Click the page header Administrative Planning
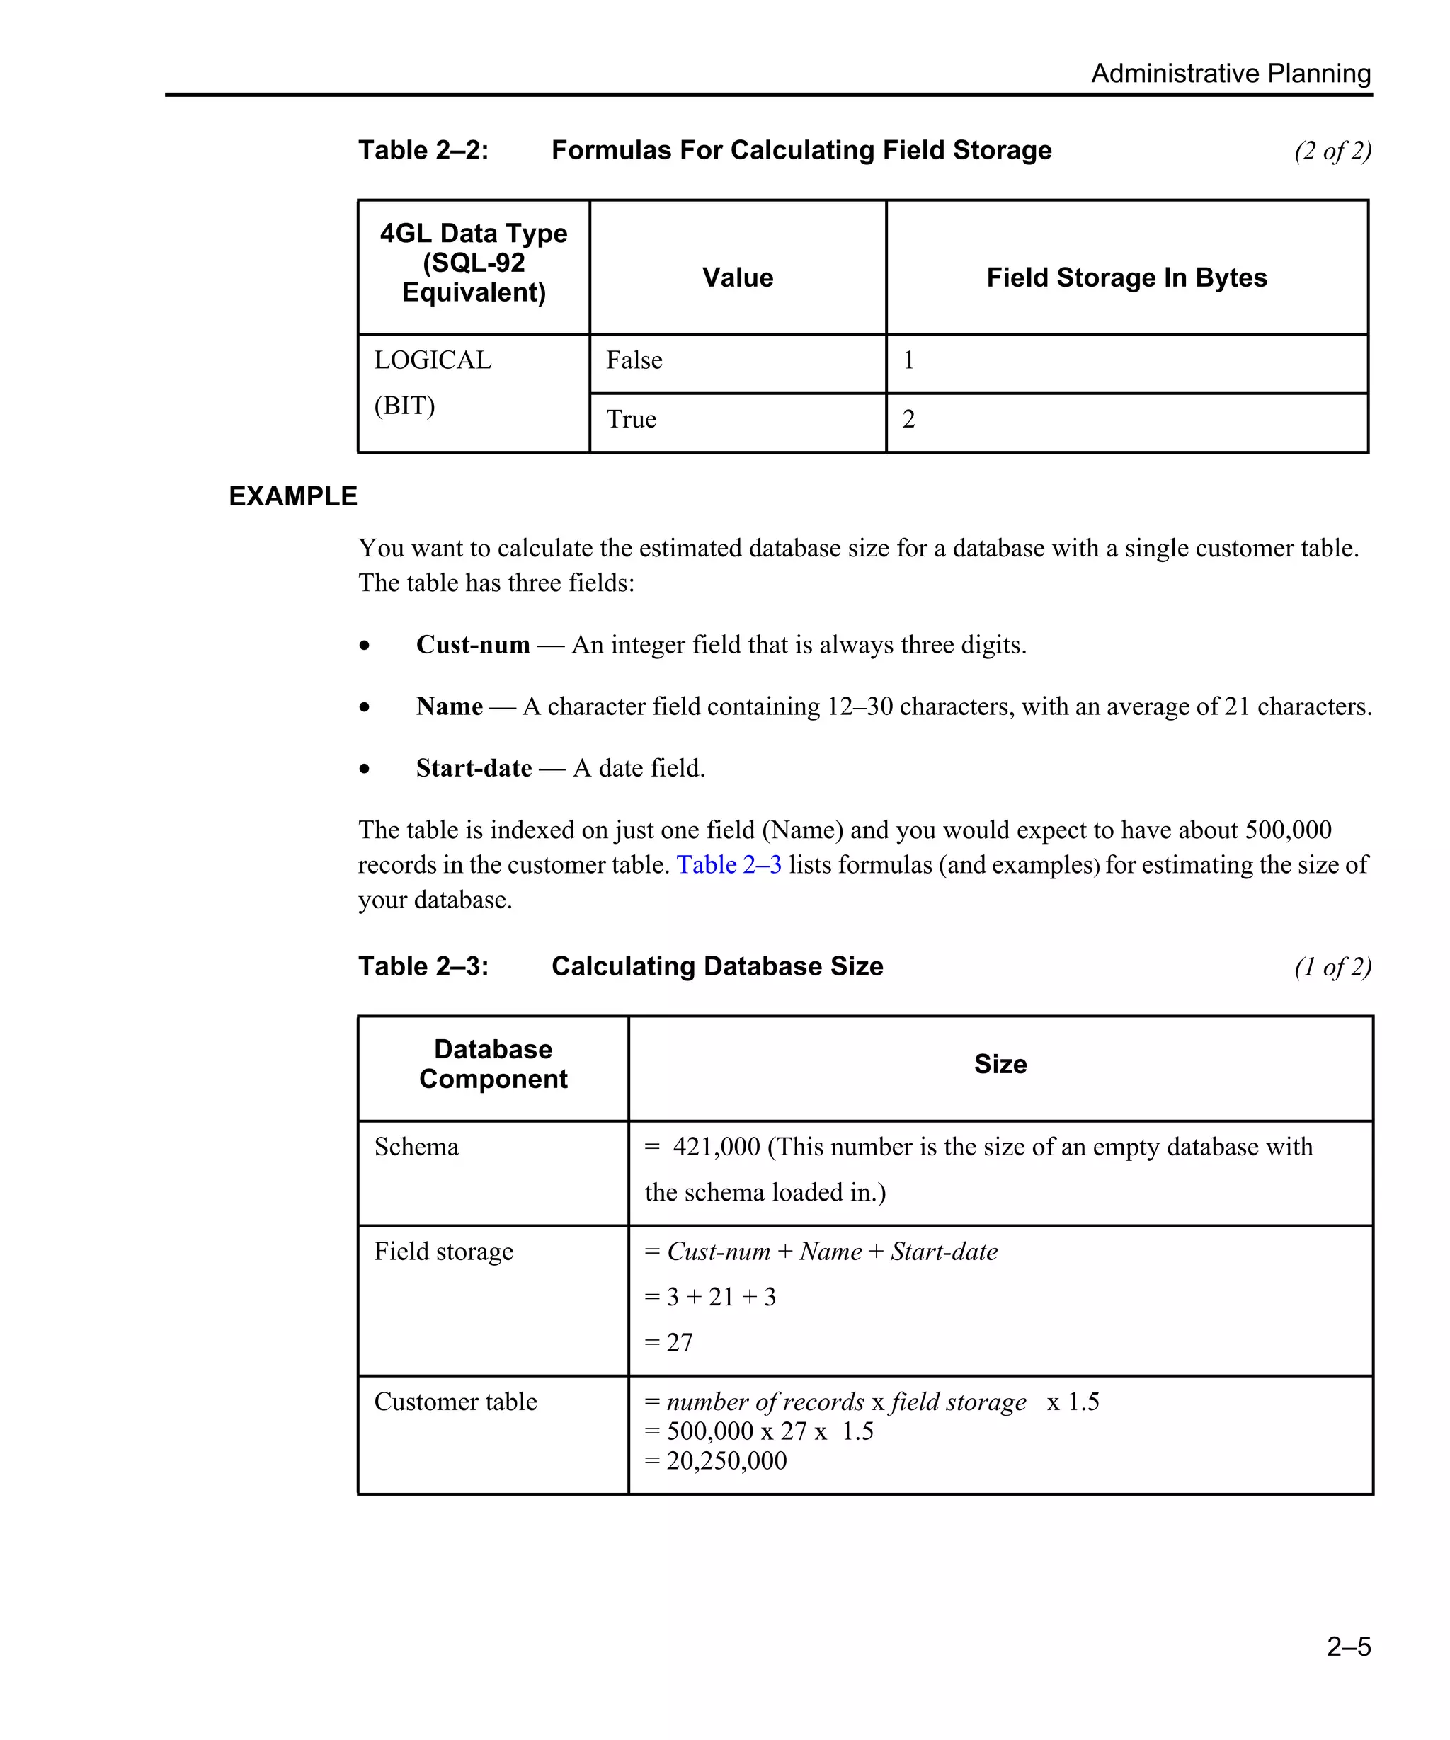[x=1230, y=73]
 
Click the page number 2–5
[x=1348, y=1646]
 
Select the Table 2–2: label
[x=423, y=150]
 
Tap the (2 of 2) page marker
[x=1332, y=151]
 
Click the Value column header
[x=738, y=277]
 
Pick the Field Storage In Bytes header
[x=1126, y=277]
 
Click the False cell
[x=634, y=360]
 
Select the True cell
[x=632, y=419]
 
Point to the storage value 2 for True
[x=909, y=419]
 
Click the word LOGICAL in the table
[x=433, y=360]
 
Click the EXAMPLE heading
[x=292, y=496]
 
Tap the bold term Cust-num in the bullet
[x=472, y=645]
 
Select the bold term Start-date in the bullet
[x=473, y=768]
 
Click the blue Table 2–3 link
[x=729, y=865]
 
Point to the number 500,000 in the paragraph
[x=1289, y=830]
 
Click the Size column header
[x=1000, y=1064]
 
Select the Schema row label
[x=416, y=1147]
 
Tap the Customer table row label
[x=456, y=1402]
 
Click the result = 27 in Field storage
[x=670, y=1342]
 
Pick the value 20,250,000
[x=726, y=1460]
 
